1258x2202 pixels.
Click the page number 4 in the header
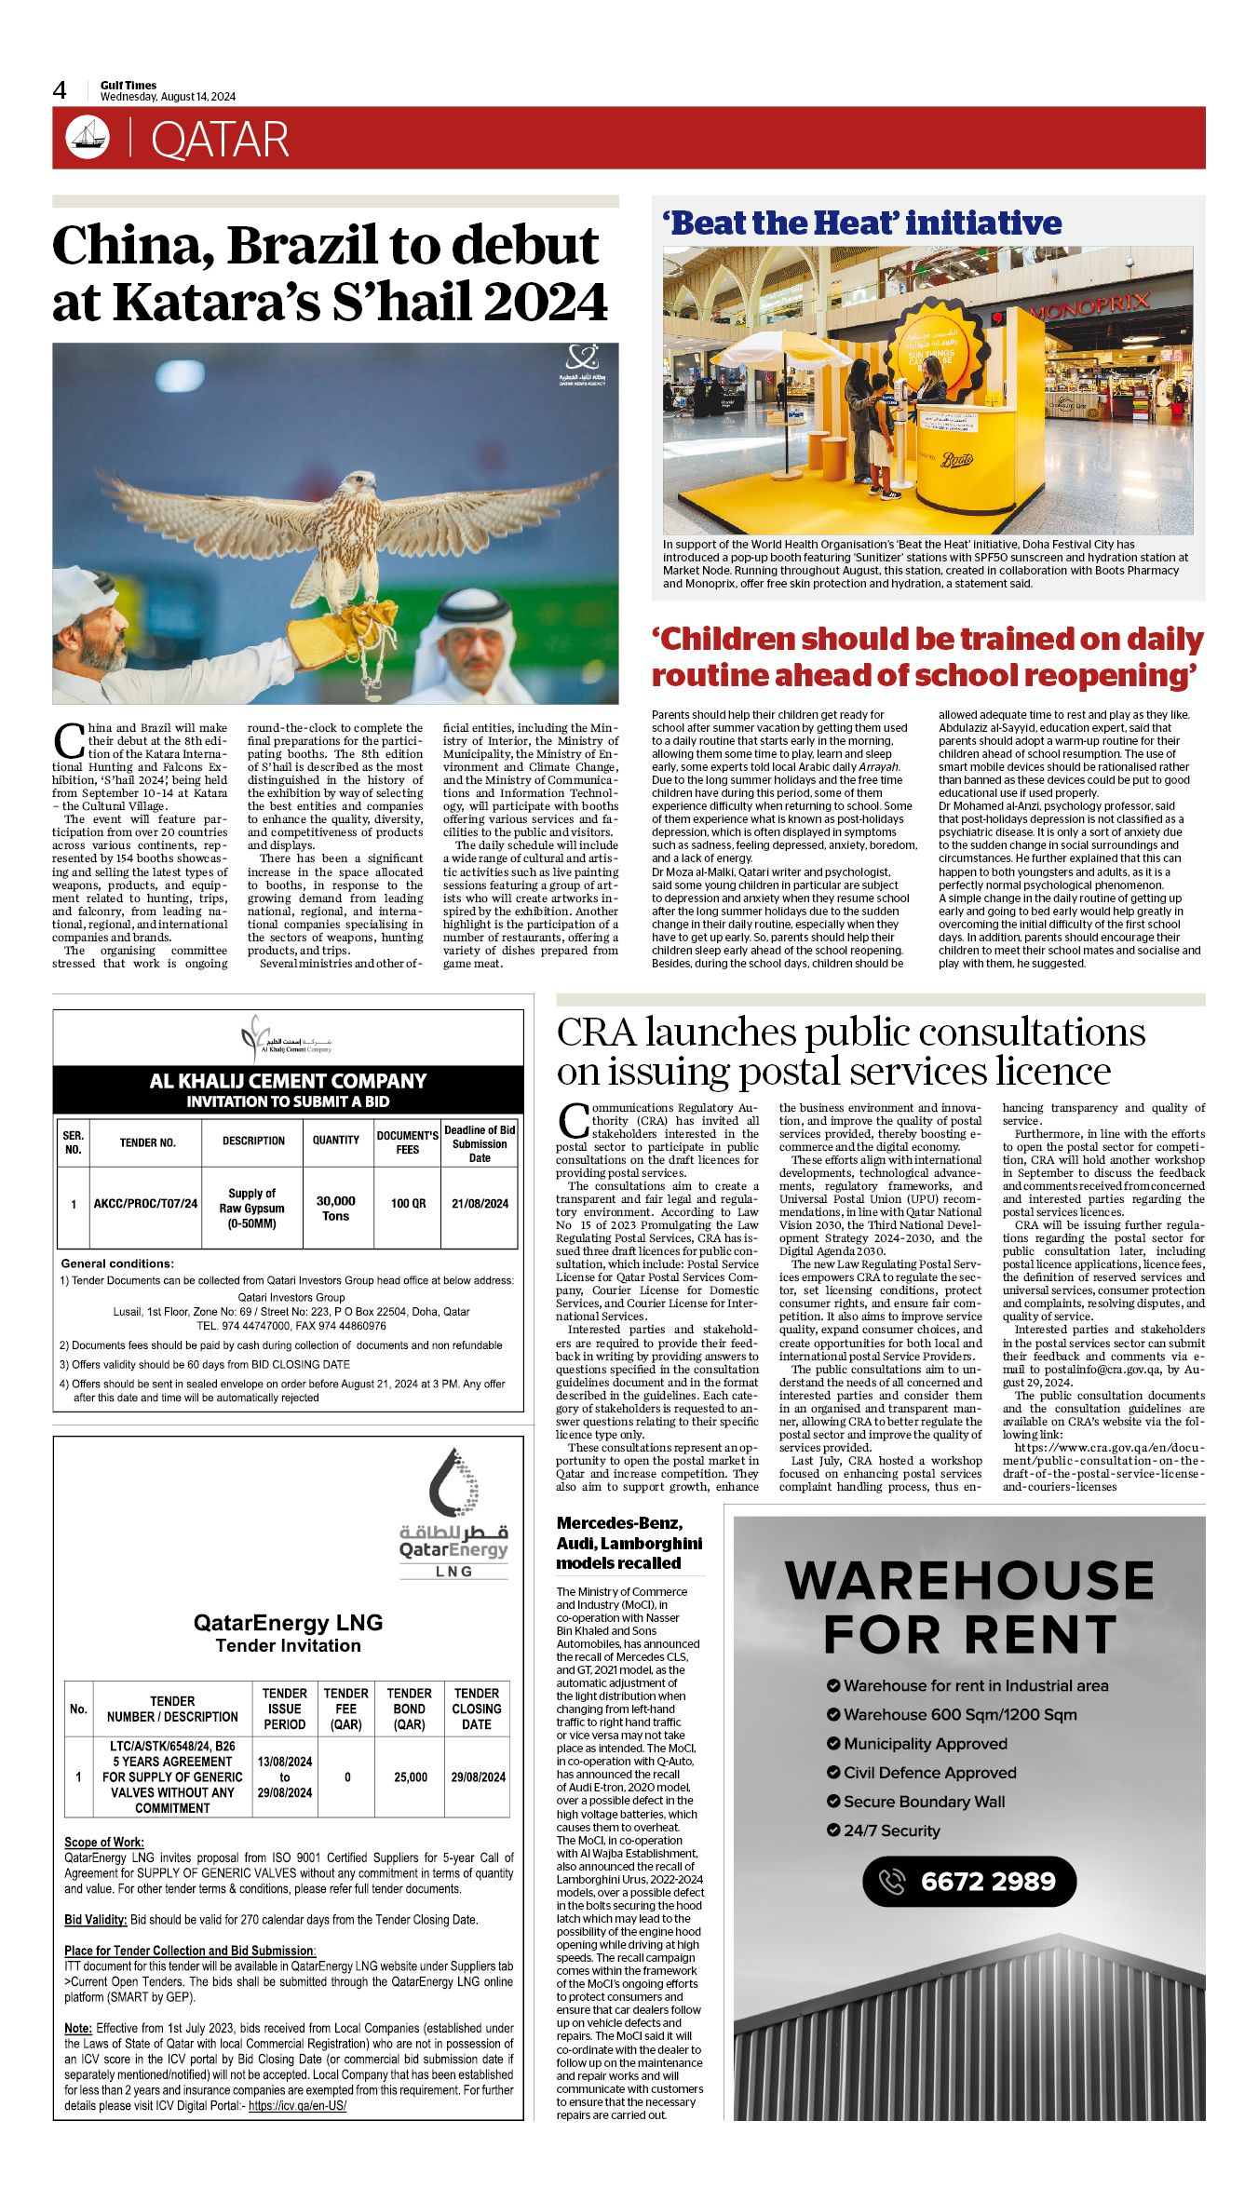pos(60,90)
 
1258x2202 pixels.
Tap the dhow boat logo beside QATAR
pos(88,138)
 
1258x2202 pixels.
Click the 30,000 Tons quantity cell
pos(335,1208)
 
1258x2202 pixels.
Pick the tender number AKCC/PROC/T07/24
pos(145,1203)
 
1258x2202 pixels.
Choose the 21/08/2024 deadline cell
pos(480,1203)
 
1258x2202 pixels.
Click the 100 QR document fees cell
pos(408,1203)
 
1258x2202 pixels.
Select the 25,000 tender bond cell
pos(410,1776)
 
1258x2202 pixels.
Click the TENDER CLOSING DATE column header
pos(476,1709)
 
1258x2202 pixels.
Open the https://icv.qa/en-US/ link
pos(297,2105)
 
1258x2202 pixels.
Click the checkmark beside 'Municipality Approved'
pos(833,1743)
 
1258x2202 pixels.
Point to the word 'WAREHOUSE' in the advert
pos(969,1581)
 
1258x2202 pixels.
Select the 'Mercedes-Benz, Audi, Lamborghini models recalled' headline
pos(629,1543)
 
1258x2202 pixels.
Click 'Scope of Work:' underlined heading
pos(104,1842)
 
